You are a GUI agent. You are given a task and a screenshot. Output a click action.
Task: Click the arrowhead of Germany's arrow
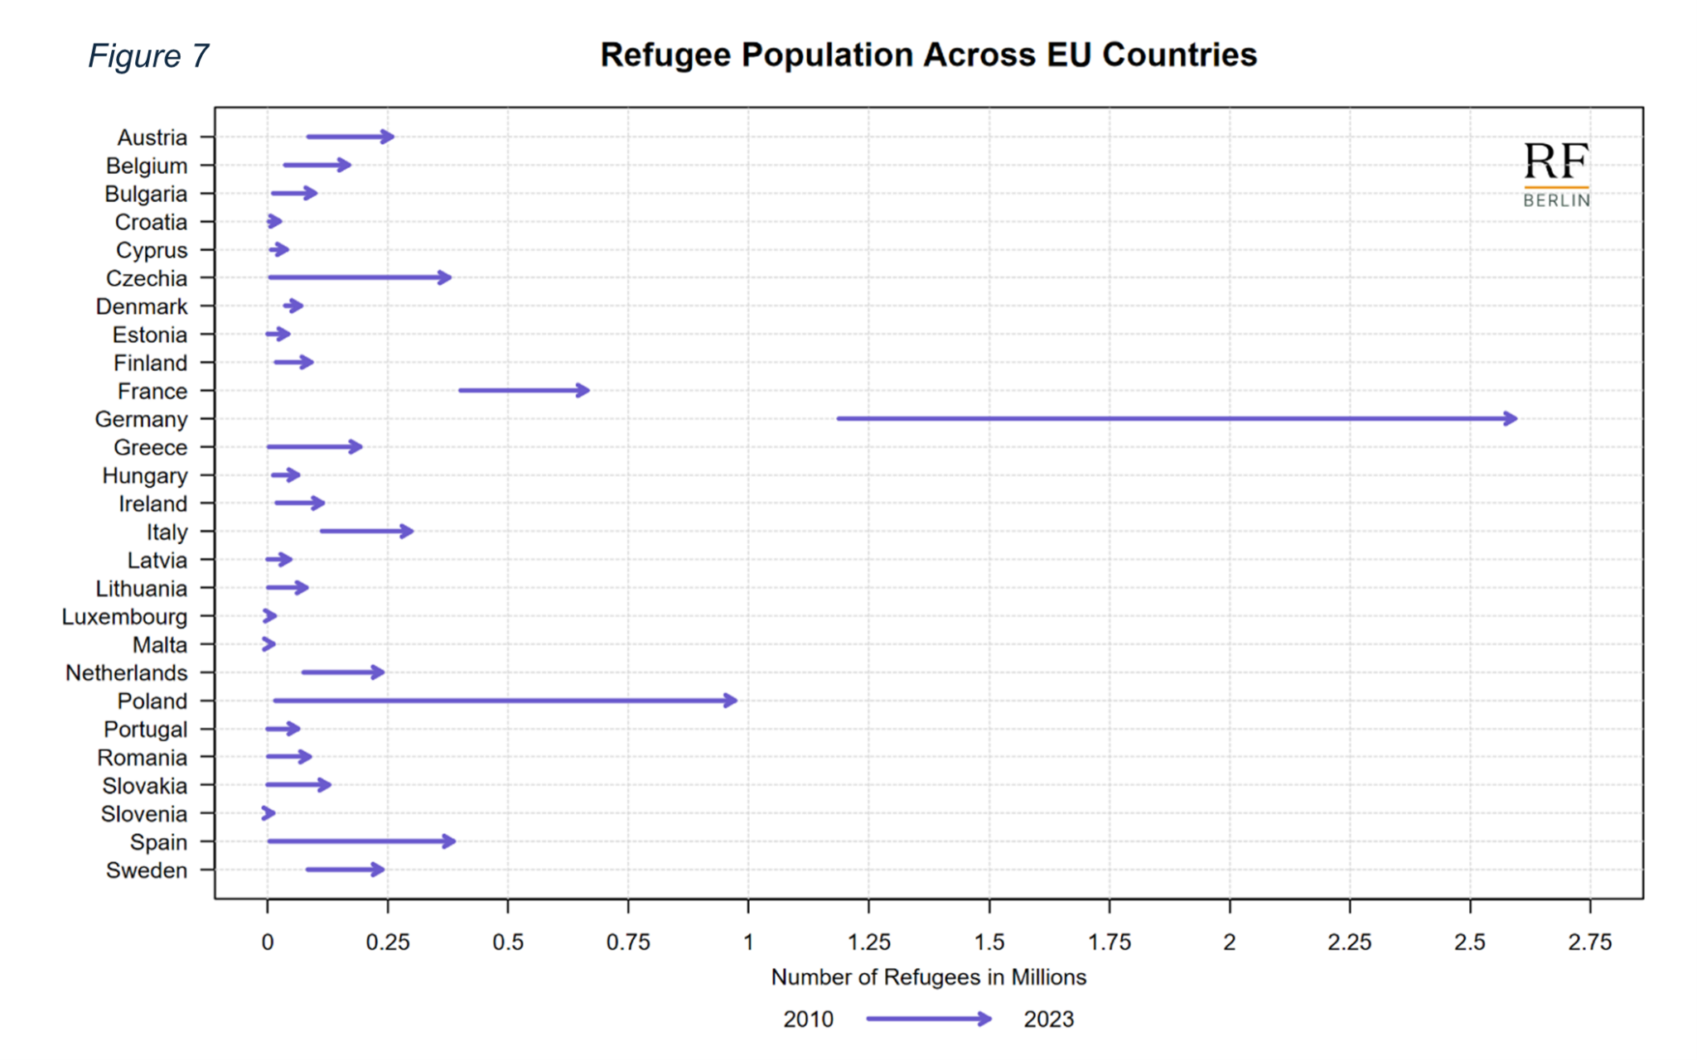pyautogui.click(x=1511, y=419)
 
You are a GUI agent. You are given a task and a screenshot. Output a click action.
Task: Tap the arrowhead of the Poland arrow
pyautogui.click(x=730, y=701)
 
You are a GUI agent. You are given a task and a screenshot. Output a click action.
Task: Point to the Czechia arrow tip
pyautogui.click(x=445, y=277)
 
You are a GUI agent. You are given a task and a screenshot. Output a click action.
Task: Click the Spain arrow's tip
pyautogui.click(x=449, y=841)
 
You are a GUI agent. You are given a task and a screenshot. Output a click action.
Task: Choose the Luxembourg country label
pyautogui.click(x=124, y=617)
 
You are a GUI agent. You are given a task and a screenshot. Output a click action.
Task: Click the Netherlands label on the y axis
pyautogui.click(x=126, y=673)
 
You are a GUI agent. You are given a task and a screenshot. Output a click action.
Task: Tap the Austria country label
pyautogui.click(x=152, y=137)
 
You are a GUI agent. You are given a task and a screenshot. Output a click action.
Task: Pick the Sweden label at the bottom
pyautogui.click(x=147, y=870)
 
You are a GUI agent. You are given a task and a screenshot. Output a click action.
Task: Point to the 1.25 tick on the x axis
pyautogui.click(x=868, y=942)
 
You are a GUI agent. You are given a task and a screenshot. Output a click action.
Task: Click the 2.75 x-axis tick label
pyautogui.click(x=1590, y=942)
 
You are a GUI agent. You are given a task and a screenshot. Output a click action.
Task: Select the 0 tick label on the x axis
pyautogui.click(x=267, y=942)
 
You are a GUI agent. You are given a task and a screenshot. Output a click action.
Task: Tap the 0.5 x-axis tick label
pyautogui.click(x=508, y=942)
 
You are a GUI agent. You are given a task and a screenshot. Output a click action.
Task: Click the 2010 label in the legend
pyautogui.click(x=808, y=1019)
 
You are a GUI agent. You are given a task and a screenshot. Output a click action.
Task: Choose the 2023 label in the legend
pyautogui.click(x=1048, y=1019)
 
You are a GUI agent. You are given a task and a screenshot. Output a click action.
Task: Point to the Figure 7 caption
pyautogui.click(x=148, y=56)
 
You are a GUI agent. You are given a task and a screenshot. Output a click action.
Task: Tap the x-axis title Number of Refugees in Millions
pyautogui.click(x=928, y=978)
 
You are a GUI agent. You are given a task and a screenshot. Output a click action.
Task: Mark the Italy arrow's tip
pyautogui.click(x=407, y=531)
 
